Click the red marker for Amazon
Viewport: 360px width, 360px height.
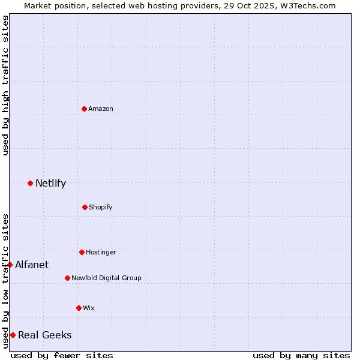tap(84, 109)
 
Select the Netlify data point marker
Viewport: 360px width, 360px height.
tap(30, 183)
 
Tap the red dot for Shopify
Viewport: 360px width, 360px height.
tap(85, 207)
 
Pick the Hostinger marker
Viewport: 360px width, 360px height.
tap(82, 252)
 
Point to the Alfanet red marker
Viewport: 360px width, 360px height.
tap(10, 265)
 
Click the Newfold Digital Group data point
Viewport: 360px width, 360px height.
tap(67, 278)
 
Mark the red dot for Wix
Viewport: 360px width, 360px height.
tap(79, 308)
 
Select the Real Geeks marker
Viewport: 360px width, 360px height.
tap(13, 335)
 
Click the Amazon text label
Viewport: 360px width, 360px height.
tap(101, 109)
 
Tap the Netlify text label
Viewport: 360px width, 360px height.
tap(50, 183)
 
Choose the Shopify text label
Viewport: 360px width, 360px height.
tap(101, 207)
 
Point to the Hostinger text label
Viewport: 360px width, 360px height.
tap(101, 252)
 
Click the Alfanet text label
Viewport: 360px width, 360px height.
tap(32, 265)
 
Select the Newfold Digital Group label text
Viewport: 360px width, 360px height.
tap(106, 278)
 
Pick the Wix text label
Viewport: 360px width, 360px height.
tap(89, 308)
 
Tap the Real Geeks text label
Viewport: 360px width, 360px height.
tap(44, 335)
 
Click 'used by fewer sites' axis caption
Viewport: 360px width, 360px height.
tap(62, 355)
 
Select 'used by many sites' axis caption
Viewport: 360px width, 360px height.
tap(301, 355)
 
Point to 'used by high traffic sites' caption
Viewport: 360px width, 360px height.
tap(6, 85)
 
